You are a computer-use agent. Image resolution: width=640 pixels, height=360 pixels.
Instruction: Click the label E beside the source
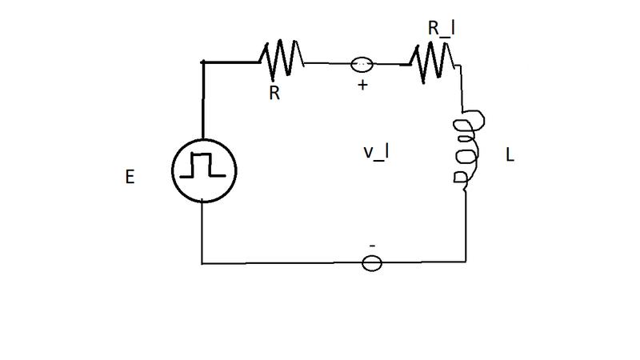click(130, 177)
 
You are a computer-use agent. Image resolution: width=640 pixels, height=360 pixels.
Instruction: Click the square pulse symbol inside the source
click(203, 165)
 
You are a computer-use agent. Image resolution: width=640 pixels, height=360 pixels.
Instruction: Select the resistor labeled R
click(282, 59)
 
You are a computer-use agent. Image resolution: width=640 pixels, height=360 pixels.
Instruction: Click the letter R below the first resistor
click(274, 93)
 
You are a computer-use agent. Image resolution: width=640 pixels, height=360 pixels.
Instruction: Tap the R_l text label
click(442, 29)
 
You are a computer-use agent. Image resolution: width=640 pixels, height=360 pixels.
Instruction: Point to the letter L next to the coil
click(510, 155)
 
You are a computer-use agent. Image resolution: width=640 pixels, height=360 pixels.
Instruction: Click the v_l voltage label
click(376, 152)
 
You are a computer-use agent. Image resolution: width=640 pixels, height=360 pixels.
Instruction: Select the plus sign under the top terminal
click(362, 85)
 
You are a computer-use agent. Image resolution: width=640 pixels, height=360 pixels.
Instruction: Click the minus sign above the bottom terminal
click(372, 246)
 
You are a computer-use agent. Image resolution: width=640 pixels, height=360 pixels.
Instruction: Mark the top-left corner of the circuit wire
click(203, 62)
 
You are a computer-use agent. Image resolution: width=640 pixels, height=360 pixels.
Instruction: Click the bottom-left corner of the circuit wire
click(202, 264)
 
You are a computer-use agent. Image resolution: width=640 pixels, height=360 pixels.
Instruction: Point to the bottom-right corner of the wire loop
click(466, 262)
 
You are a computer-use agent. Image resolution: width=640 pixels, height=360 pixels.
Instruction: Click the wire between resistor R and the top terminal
click(328, 64)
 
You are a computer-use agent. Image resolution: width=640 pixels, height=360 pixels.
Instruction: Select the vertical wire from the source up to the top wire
click(203, 101)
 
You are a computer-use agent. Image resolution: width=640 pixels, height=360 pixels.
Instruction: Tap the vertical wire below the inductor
click(466, 226)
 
